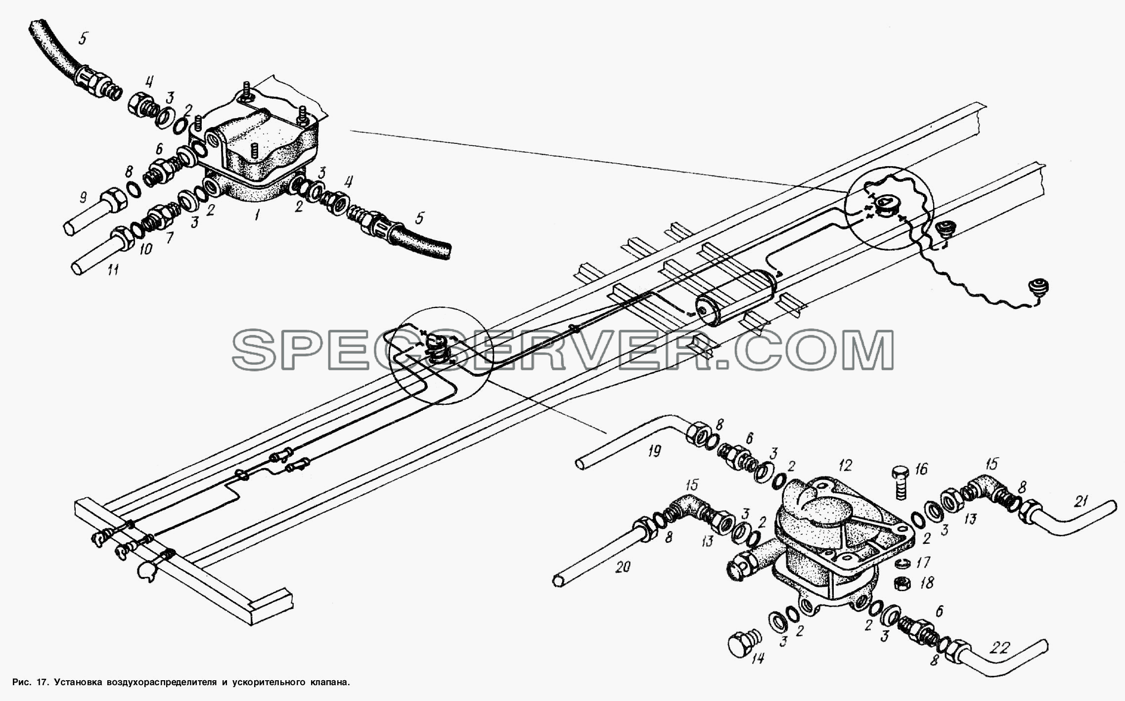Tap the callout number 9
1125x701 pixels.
coord(83,198)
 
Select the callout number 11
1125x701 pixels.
coord(113,270)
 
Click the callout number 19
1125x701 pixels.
coord(654,451)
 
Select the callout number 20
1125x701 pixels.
coord(623,568)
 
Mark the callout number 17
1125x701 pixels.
coord(923,562)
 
